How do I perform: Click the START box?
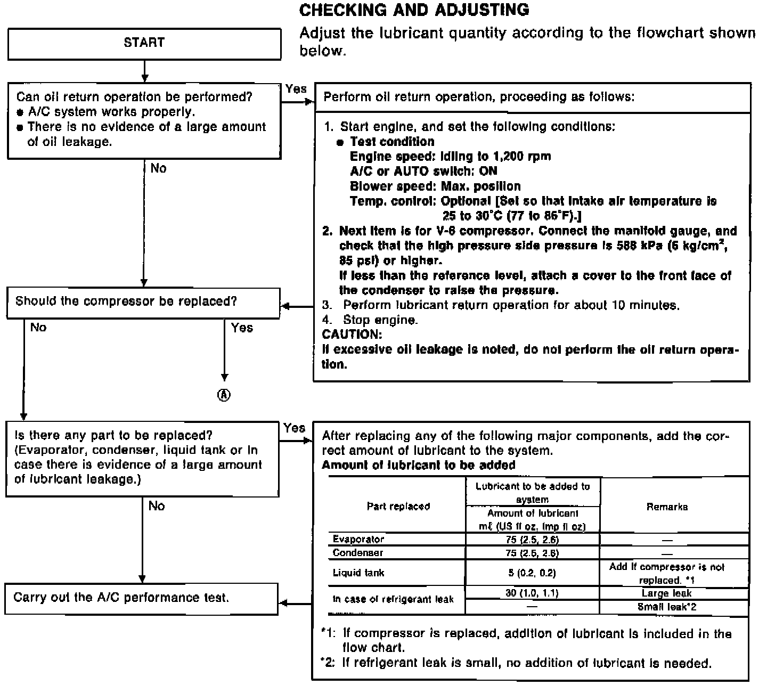(144, 43)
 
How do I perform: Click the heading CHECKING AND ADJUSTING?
(414, 10)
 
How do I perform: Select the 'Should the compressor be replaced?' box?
(143, 302)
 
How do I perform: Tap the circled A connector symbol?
(224, 395)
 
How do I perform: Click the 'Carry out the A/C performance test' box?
(142, 598)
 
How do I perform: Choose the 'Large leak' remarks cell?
(666, 593)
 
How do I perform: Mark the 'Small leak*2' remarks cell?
(667, 607)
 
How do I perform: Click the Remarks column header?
(667, 507)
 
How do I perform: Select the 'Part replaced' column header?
(398, 507)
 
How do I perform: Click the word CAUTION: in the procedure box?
(352, 335)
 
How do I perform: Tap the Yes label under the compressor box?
(242, 328)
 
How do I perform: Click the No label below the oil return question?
(158, 169)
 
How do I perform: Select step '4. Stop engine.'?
(370, 320)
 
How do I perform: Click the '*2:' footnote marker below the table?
(327, 663)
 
